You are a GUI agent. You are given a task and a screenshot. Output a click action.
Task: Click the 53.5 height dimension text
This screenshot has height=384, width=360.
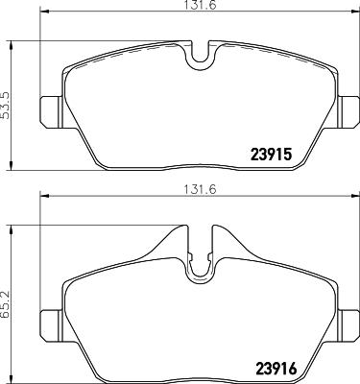[x=7, y=103]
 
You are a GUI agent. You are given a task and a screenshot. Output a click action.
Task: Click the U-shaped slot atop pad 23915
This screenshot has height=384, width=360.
[x=200, y=60]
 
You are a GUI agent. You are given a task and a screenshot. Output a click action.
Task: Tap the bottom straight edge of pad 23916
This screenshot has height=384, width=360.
[x=192, y=375]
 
